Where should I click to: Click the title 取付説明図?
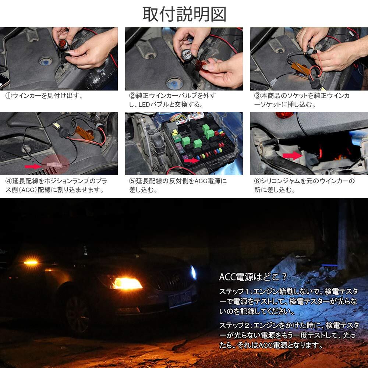click(184, 14)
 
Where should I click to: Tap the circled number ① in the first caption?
click(9, 96)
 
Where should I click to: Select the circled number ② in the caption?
click(132, 96)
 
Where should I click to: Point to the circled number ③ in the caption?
click(258, 96)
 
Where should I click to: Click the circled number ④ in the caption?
click(9, 181)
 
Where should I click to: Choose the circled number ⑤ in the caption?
click(132, 181)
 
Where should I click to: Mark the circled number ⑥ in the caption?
click(258, 181)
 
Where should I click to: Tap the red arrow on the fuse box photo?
click(191, 160)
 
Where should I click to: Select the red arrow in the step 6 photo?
click(292, 155)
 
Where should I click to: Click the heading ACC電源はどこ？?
click(253, 277)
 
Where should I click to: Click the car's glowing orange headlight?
click(127, 283)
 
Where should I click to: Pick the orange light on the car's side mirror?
click(31, 262)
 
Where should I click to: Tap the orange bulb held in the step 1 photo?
click(63, 44)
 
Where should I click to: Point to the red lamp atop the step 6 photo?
click(284, 115)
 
